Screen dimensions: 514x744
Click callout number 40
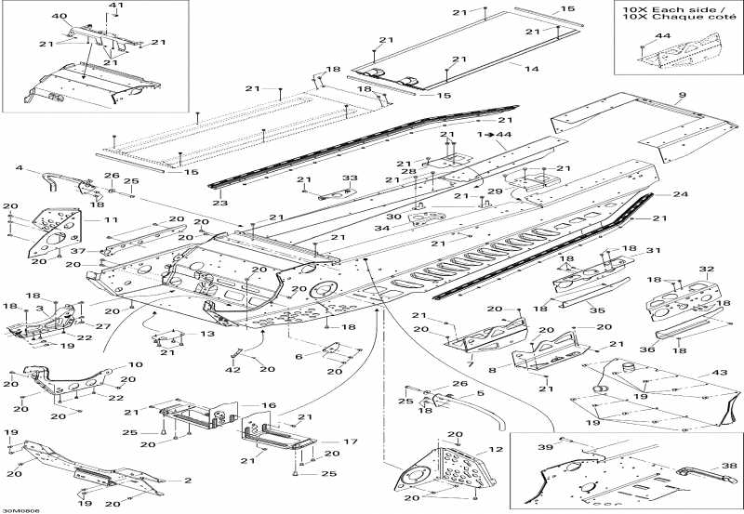(60, 17)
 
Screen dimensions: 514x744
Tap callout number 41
(116, 7)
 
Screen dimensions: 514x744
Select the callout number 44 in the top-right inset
(662, 35)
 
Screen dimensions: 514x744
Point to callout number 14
(532, 70)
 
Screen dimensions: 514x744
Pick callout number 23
(219, 203)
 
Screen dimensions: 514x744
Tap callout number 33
(350, 178)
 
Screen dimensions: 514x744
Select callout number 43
(717, 373)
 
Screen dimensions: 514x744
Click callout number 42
(233, 370)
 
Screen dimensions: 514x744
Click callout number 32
(706, 270)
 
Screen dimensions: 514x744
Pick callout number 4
(20, 167)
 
